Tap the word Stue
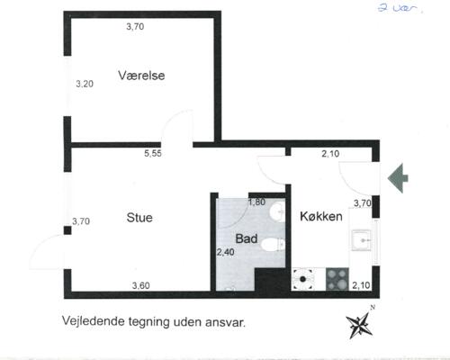139,218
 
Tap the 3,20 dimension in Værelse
85,84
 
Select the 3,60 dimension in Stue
141,286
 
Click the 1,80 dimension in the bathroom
256,202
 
